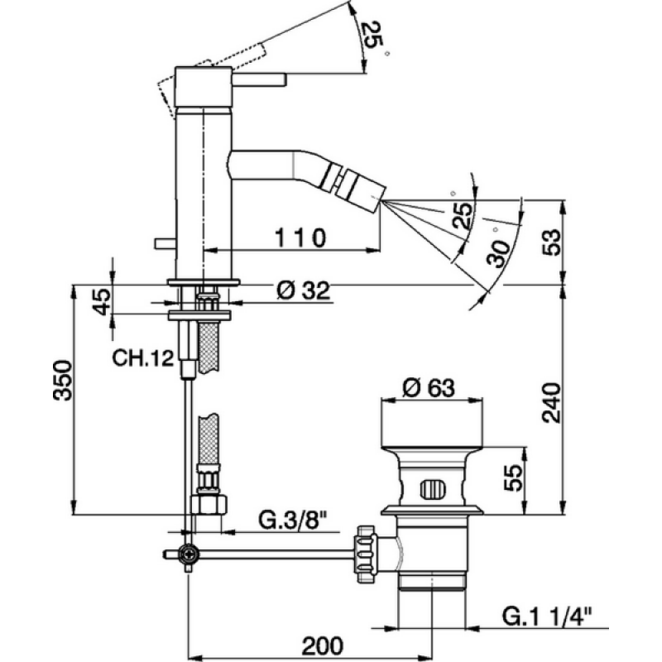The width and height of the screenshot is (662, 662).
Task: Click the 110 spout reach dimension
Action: tap(300, 238)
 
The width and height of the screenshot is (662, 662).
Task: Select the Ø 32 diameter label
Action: tap(303, 290)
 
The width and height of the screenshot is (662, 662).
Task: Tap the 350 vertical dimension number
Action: tap(63, 380)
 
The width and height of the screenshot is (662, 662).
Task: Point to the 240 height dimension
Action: tap(551, 402)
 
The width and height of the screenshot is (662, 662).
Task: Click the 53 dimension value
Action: tap(551, 242)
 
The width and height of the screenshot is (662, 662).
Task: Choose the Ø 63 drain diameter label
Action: tap(429, 387)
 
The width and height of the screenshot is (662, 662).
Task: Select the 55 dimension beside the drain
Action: tap(512, 477)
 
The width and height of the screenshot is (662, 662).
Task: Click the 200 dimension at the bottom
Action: tap(323, 645)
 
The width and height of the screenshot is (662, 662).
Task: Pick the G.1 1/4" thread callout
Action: tap(547, 616)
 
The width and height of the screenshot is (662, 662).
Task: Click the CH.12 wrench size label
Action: tap(142, 358)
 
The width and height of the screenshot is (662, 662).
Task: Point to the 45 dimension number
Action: tap(102, 301)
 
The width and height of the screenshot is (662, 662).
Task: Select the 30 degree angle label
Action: tap(498, 253)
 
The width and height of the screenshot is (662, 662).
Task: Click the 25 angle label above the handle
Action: tap(372, 35)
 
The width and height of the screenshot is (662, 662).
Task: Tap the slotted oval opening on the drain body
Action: tap(433, 489)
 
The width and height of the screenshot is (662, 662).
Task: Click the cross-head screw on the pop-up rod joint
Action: tap(189, 554)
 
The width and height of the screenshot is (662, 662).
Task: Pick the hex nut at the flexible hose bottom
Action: tap(209, 504)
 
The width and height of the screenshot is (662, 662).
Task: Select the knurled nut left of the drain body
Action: tap(366, 554)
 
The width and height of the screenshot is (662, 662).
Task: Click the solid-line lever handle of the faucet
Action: tap(259, 79)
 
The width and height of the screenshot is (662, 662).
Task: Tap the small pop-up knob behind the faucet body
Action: tap(165, 243)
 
